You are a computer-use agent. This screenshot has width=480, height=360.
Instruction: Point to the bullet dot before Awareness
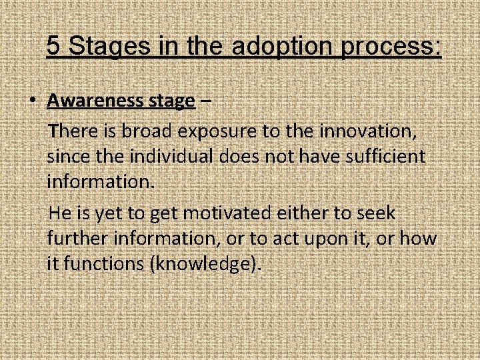(x=31, y=101)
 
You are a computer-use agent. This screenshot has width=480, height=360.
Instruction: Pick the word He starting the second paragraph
(x=61, y=214)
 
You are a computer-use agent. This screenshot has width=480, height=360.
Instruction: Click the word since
(x=67, y=157)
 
